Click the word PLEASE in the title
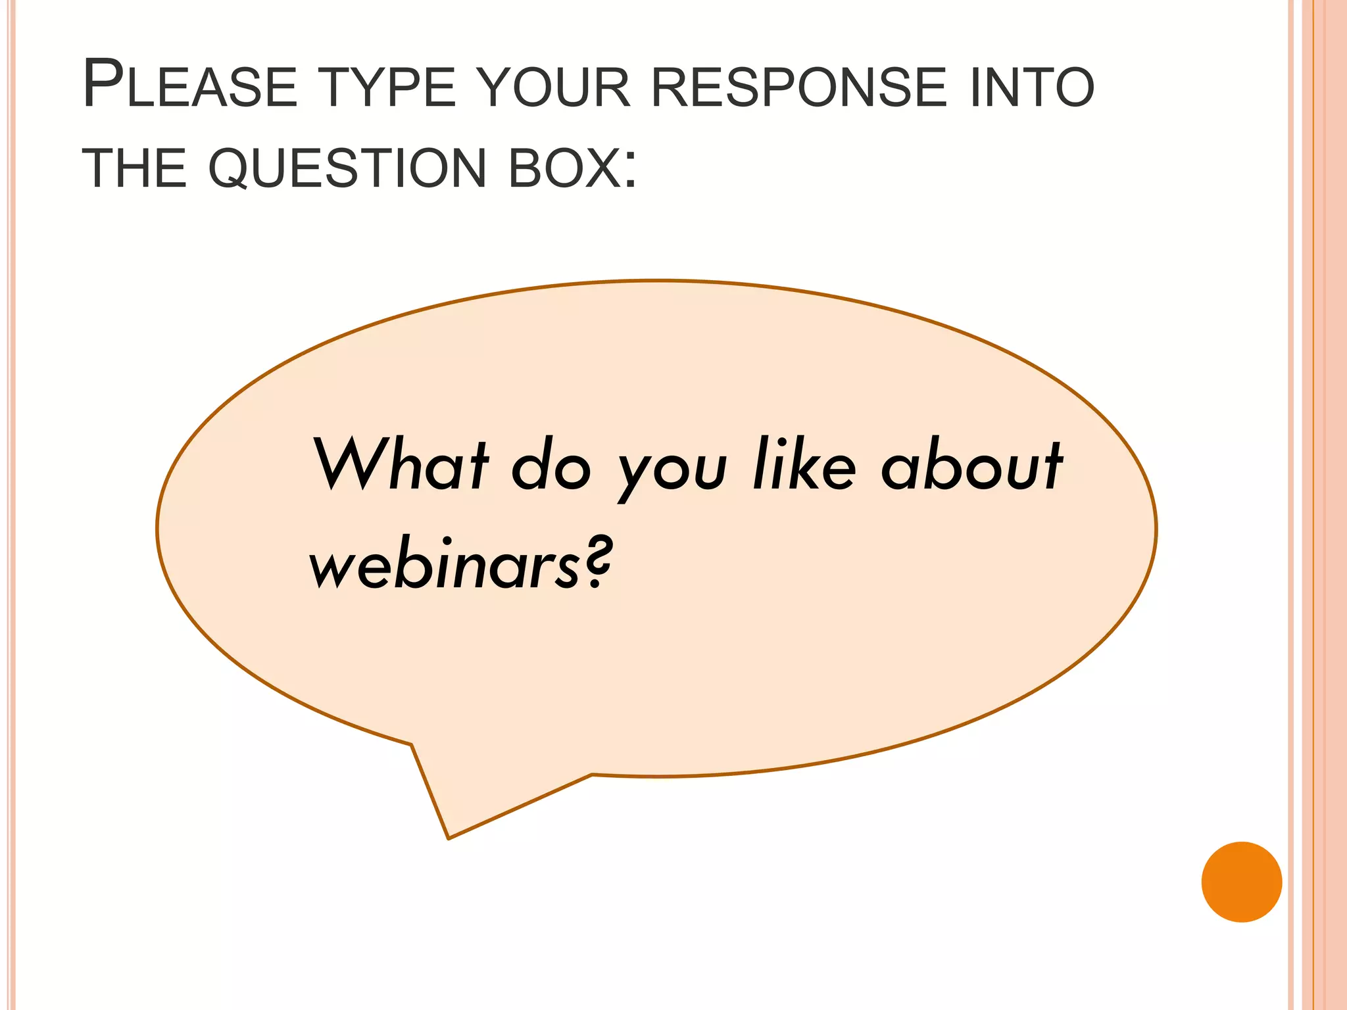click(x=190, y=85)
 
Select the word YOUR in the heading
click(x=554, y=87)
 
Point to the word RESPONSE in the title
click(x=799, y=87)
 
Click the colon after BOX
click(x=631, y=171)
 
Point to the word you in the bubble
click(x=672, y=472)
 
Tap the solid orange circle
click(x=1241, y=882)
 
